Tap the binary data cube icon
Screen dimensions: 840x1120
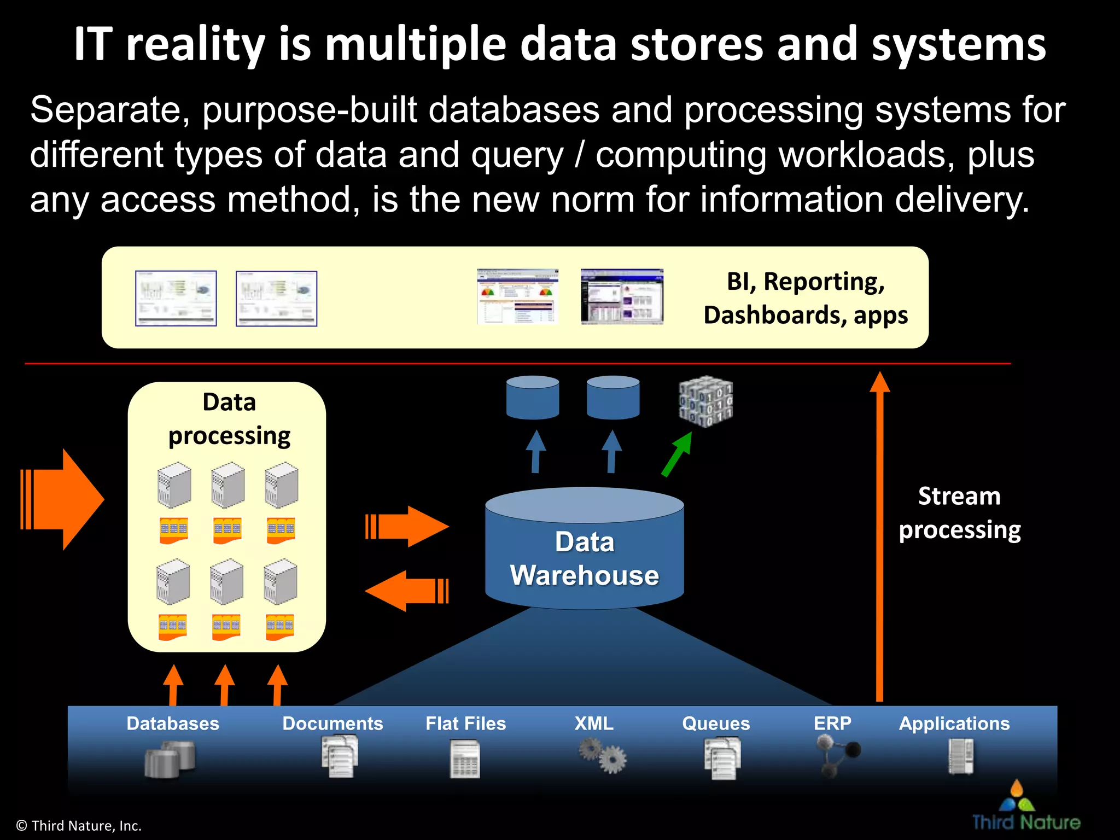[705, 401]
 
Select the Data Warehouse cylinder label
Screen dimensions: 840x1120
[584, 558]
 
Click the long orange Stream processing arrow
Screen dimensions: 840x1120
[879, 536]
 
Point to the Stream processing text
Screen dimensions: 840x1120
[959, 513]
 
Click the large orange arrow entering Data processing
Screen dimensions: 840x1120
[63, 499]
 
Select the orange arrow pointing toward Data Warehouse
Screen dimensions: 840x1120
[407, 527]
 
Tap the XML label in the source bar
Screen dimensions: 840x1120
[594, 724]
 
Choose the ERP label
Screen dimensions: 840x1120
[832, 724]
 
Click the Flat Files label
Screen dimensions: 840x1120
[465, 724]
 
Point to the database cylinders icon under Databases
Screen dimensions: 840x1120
[170, 759]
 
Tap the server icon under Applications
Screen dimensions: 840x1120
[961, 756]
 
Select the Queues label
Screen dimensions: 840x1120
[716, 724]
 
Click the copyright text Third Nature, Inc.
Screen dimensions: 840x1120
[79, 826]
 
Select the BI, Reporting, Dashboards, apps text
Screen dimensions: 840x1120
[805, 298]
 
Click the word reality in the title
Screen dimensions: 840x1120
[195, 45]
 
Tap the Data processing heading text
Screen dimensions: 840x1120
[229, 419]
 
